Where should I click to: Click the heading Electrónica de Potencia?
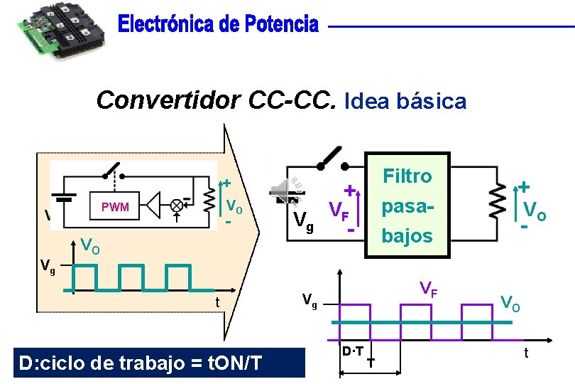tap(218, 26)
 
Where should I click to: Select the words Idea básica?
tap(405, 102)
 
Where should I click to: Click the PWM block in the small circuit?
tap(114, 207)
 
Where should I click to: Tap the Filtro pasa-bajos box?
tap(407, 205)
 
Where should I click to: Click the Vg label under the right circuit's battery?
tap(304, 223)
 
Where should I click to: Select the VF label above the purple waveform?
tap(427, 289)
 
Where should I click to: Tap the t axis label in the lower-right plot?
tap(526, 353)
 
